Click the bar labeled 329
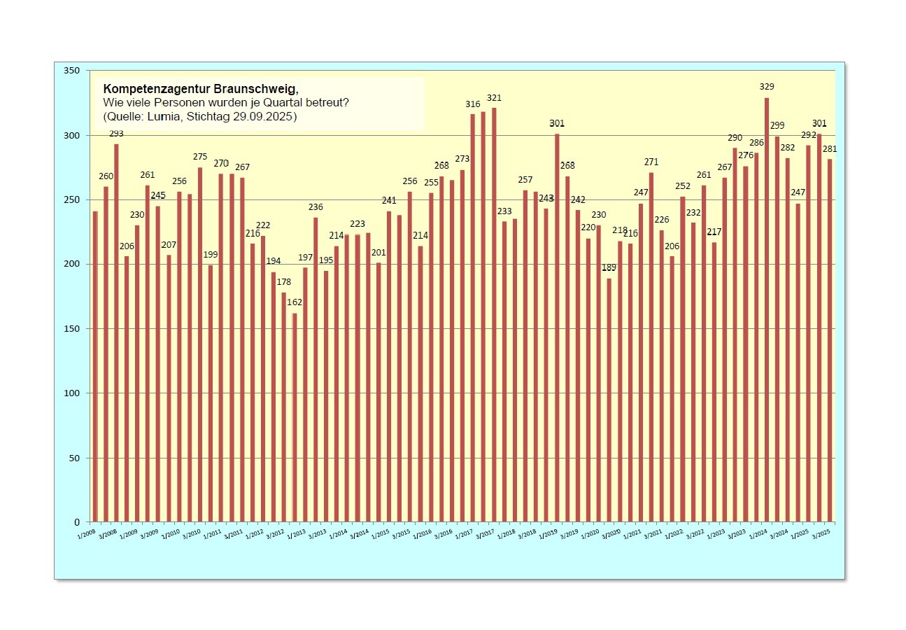pyautogui.click(x=767, y=308)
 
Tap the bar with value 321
pyautogui.click(x=494, y=315)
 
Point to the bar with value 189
pyautogui.click(x=609, y=400)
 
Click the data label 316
pyautogui.click(x=473, y=104)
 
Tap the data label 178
pyautogui.click(x=283, y=282)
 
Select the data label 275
pyautogui.click(x=200, y=157)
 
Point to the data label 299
pyautogui.click(x=777, y=126)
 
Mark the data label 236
pyautogui.click(x=316, y=207)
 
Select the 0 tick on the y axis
pyautogui.click(x=78, y=522)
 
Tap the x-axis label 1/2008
pyautogui.click(x=87, y=534)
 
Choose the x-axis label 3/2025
pyautogui.click(x=821, y=534)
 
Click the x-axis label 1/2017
pyautogui.click(x=465, y=534)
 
